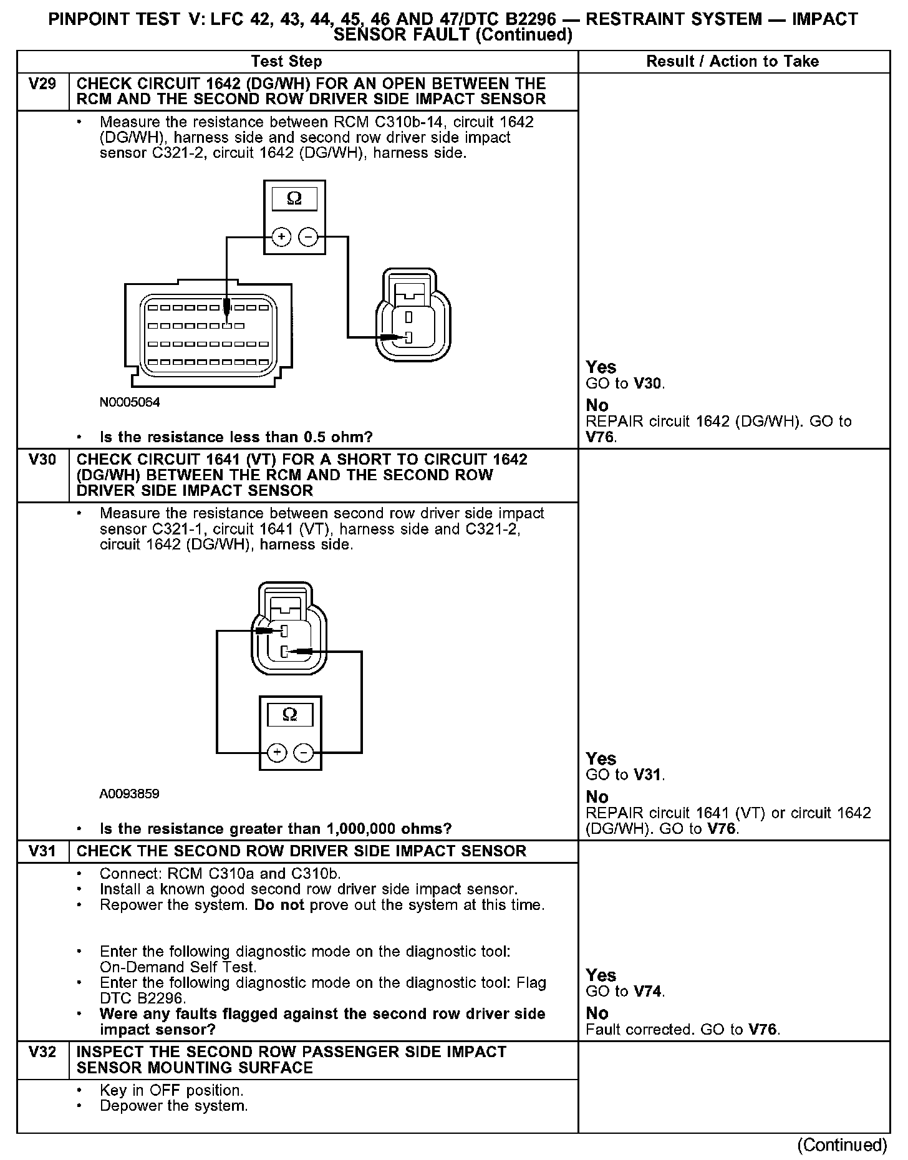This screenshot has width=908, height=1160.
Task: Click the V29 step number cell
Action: (42, 84)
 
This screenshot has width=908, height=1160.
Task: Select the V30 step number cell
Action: (42, 460)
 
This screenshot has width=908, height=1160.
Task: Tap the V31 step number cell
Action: (42, 851)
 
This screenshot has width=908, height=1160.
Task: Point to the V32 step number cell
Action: (42, 1052)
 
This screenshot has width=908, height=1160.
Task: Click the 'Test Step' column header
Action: (286, 61)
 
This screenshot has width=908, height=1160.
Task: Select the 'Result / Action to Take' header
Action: (732, 61)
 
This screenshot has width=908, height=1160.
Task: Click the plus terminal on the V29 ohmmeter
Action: (281, 237)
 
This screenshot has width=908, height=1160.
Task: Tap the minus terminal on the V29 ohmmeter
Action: (308, 237)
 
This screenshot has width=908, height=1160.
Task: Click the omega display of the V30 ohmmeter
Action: (290, 714)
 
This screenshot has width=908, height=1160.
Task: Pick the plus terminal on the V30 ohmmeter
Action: (277, 753)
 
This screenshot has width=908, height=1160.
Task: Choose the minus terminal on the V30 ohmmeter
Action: (304, 753)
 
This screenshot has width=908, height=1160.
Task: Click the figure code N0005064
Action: (130, 402)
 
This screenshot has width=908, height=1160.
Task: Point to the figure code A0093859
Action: (129, 794)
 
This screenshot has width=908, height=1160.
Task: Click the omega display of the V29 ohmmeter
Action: (294, 199)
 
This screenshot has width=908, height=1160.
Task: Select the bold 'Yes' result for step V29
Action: (601, 367)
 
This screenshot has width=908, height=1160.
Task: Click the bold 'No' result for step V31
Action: (597, 1013)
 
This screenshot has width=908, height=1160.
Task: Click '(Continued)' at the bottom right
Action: (842, 1144)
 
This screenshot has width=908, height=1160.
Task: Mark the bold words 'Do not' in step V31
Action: (279, 905)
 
